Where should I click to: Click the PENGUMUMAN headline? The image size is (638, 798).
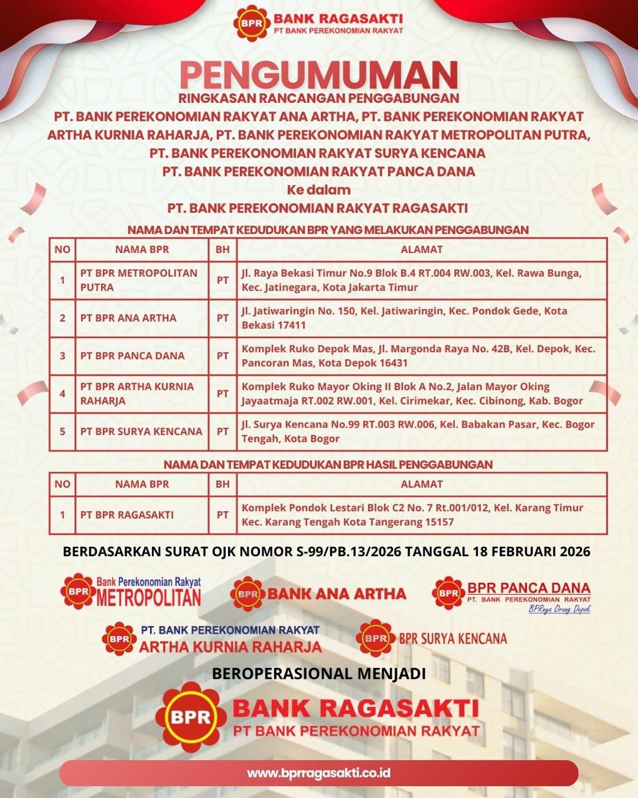[318, 74]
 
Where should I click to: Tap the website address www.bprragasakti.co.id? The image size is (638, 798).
[318, 772]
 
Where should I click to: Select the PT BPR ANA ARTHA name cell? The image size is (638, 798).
[128, 318]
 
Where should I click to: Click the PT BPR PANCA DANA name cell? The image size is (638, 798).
[132, 355]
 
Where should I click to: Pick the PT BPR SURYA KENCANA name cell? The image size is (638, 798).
[141, 431]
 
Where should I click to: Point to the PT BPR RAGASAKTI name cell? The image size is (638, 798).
[127, 515]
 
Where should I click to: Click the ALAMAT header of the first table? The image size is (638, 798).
[421, 249]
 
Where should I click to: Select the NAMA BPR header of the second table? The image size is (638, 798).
[142, 484]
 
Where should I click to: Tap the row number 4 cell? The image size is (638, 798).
[62, 393]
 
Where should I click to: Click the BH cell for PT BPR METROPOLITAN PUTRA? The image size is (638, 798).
[222, 281]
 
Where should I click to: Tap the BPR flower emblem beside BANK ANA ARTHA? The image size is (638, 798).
[247, 594]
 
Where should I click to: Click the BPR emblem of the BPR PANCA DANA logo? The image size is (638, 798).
[449, 592]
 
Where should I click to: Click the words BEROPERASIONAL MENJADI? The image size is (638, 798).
[319, 674]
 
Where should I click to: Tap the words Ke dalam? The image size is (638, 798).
[318, 190]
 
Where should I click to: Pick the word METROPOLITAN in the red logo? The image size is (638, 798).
[149, 598]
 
